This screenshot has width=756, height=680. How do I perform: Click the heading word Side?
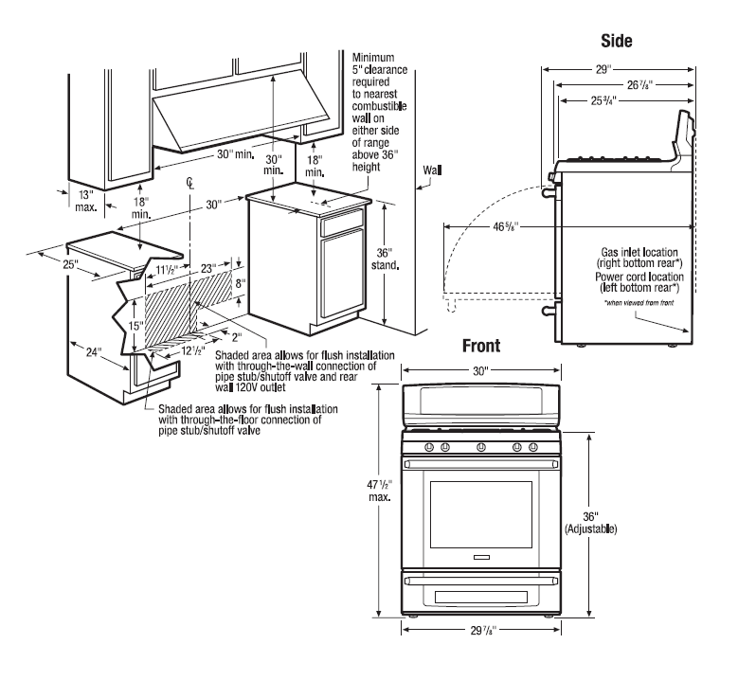click(x=617, y=41)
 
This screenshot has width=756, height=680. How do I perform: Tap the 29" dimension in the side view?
click(x=603, y=69)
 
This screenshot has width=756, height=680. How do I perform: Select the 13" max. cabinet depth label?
click(x=85, y=200)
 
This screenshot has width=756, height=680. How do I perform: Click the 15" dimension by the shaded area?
click(x=135, y=325)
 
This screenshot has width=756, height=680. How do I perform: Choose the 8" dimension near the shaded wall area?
click(x=241, y=283)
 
